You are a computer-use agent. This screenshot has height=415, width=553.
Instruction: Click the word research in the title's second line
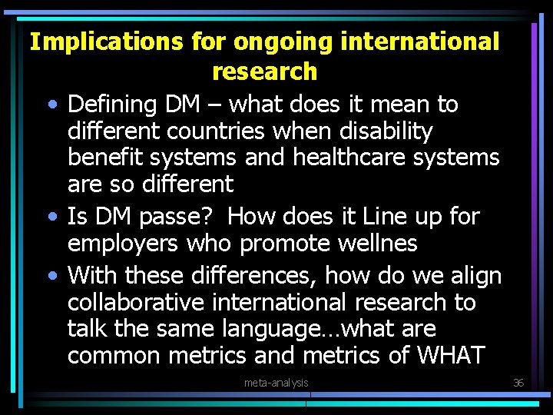point(264,71)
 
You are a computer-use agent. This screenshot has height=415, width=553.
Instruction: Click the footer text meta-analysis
point(276,383)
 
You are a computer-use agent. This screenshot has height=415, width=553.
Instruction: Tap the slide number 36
point(518,383)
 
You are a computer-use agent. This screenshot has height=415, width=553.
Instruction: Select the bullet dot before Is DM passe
point(49,217)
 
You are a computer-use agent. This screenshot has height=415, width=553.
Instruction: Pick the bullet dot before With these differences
point(49,276)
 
